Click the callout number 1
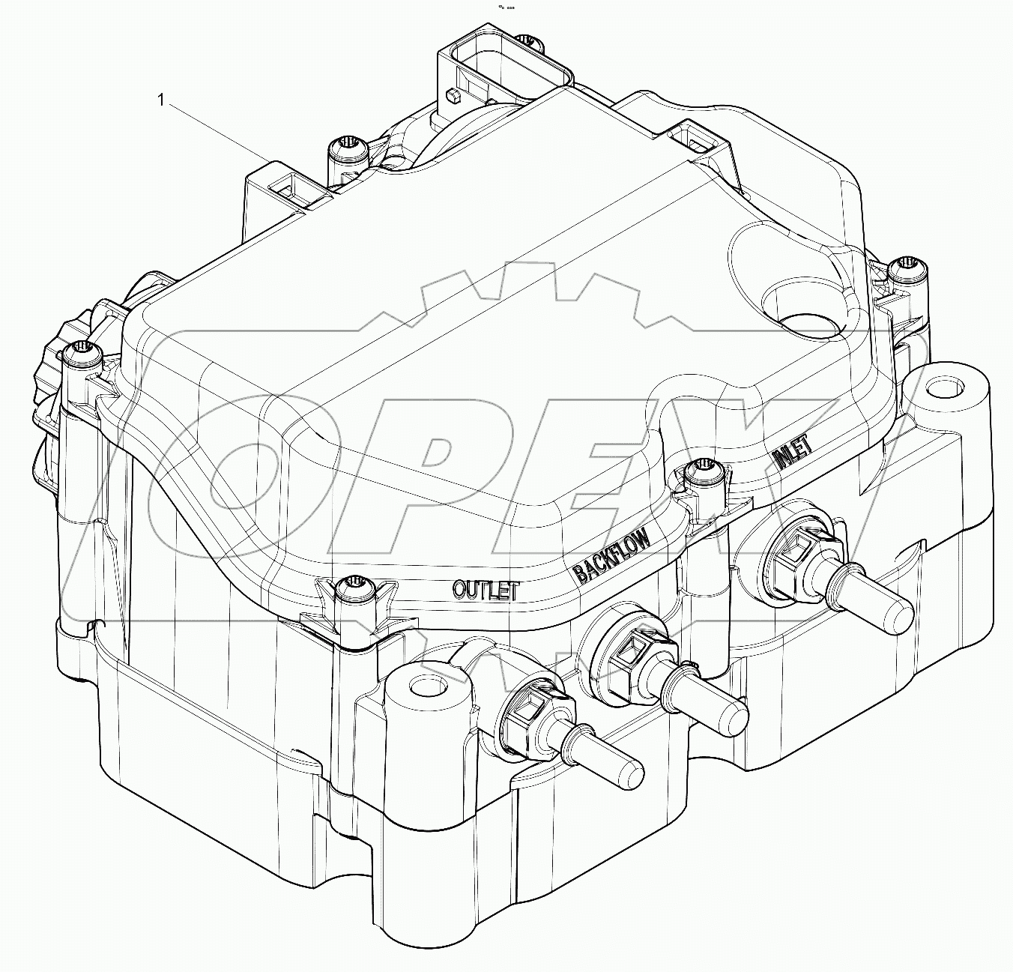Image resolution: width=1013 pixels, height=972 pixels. tap(160, 100)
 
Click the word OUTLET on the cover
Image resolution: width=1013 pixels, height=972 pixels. tap(486, 589)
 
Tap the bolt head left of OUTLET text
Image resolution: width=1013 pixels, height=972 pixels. tap(352, 589)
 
